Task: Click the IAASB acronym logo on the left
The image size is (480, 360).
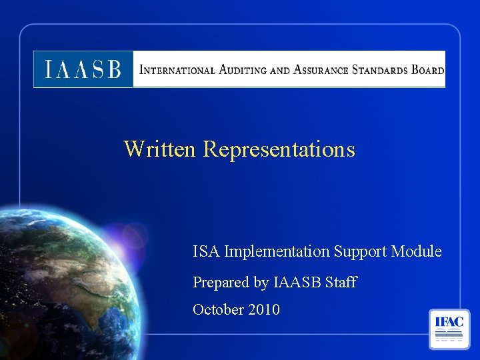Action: tap(83, 69)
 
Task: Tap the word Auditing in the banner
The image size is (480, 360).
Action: tap(239, 69)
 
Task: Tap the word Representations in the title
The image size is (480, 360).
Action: tap(279, 149)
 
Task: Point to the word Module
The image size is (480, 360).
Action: tap(416, 251)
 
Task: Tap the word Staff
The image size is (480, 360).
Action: tap(341, 283)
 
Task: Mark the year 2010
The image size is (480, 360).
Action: tap(264, 310)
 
